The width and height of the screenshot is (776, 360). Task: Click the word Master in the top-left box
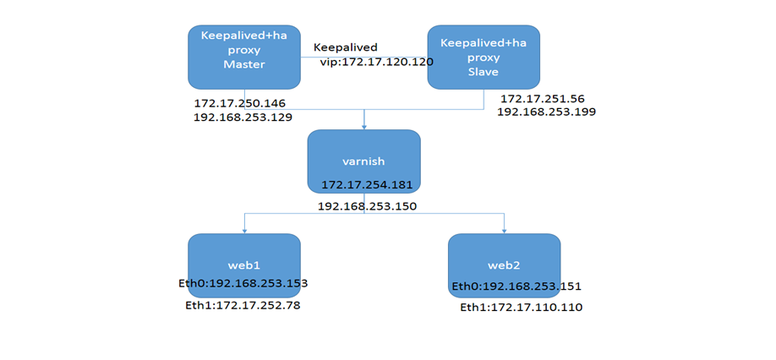click(x=244, y=65)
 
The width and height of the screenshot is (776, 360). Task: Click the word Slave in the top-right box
click(x=484, y=72)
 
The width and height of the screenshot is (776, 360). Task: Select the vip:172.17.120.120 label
click(x=376, y=62)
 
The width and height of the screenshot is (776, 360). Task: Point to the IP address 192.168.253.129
click(x=243, y=117)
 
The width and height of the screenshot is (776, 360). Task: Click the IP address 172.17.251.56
click(x=542, y=98)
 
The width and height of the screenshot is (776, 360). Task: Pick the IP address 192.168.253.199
click(x=546, y=112)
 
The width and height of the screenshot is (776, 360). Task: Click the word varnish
click(x=363, y=161)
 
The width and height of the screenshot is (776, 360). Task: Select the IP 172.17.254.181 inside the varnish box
click(x=367, y=184)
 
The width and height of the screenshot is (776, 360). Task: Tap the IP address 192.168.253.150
click(x=367, y=206)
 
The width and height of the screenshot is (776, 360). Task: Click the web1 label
click(x=244, y=265)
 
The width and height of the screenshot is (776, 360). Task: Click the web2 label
click(x=504, y=265)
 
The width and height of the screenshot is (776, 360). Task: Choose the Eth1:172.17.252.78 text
click(x=243, y=306)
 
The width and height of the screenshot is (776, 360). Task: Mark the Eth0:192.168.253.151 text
click(x=516, y=286)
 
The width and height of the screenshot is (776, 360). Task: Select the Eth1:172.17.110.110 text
click(x=521, y=308)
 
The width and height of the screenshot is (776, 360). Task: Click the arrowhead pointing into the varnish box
click(x=364, y=126)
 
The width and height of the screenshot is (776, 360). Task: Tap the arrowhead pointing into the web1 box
click(x=244, y=230)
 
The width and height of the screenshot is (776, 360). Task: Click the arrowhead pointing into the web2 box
click(x=505, y=230)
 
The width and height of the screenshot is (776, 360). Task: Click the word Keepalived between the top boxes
click(x=346, y=47)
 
